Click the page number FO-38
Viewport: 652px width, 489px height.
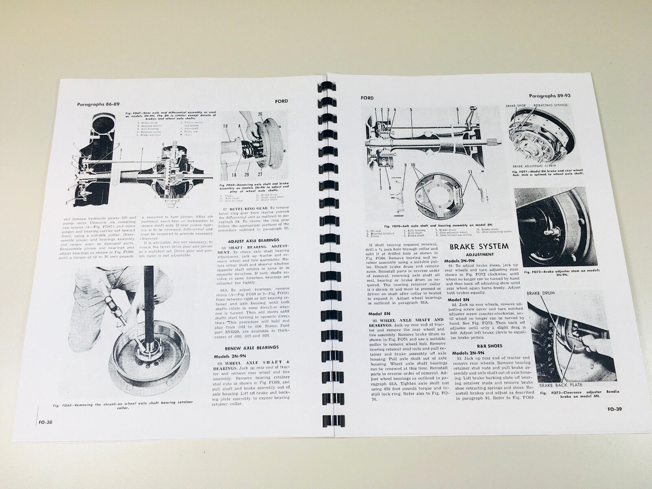pyautogui.click(x=46, y=422)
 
